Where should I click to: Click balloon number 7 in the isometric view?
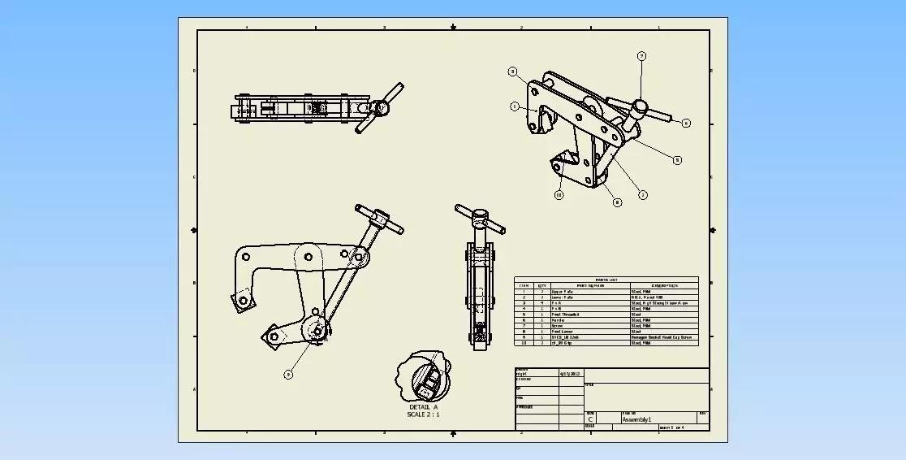pyautogui.click(x=641, y=56)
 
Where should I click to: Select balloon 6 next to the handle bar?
pyautogui.click(x=686, y=124)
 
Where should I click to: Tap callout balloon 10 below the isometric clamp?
pyautogui.click(x=559, y=195)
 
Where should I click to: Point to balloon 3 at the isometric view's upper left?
pyautogui.click(x=513, y=72)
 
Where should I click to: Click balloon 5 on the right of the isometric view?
pyautogui.click(x=677, y=160)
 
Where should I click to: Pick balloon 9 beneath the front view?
pyautogui.click(x=287, y=375)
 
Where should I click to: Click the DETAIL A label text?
pyautogui.click(x=423, y=407)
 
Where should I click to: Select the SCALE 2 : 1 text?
pyautogui.click(x=423, y=414)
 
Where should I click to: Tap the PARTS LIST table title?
pyautogui.click(x=606, y=280)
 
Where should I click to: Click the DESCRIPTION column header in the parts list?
pyautogui.click(x=663, y=285)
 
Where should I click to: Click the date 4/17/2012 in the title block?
pyautogui.click(x=570, y=374)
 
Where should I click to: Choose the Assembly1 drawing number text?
pyautogui.click(x=637, y=419)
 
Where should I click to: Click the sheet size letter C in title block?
pyautogui.click(x=590, y=419)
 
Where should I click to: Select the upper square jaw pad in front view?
pyautogui.click(x=241, y=302)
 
